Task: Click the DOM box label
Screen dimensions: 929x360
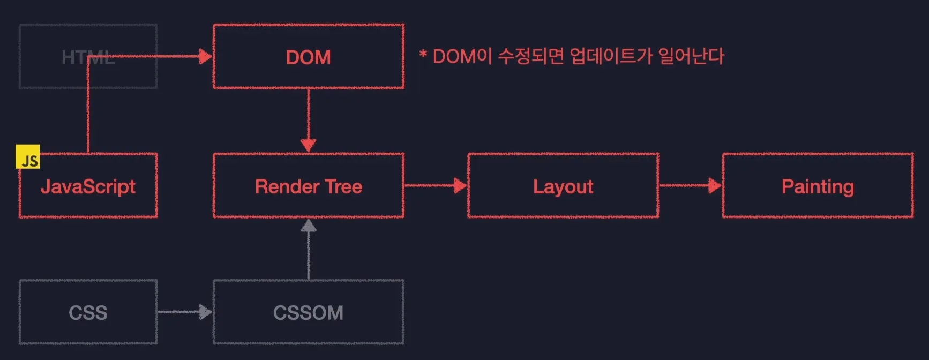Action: [308, 57]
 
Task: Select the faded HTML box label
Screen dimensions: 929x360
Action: [88, 57]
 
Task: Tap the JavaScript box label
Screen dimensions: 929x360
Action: [88, 186]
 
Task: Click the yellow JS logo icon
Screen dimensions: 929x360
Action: [28, 156]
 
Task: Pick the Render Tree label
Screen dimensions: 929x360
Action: [308, 186]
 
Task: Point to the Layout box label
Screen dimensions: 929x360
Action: [563, 186]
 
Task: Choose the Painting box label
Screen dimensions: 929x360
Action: [818, 186]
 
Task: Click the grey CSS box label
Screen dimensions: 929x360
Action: [88, 313]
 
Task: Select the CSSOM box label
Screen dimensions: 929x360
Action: [308, 313]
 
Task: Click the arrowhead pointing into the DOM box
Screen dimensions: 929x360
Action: [205, 56]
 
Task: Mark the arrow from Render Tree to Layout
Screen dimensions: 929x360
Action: [436, 185]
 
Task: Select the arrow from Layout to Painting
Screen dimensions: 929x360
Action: [691, 185]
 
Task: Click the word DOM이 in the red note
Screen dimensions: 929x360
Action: [462, 56]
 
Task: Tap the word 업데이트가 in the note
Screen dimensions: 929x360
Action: [611, 56]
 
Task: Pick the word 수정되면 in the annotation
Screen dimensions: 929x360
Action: [530, 56]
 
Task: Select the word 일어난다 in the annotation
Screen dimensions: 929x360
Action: [691, 56]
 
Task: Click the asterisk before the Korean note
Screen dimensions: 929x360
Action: [423, 55]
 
